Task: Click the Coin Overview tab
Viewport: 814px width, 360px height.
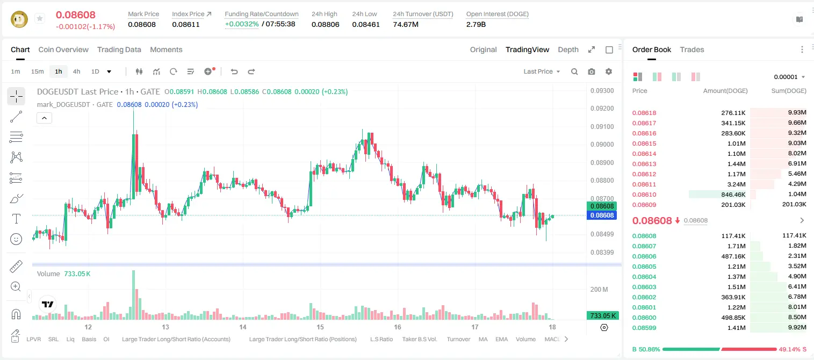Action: [x=63, y=49]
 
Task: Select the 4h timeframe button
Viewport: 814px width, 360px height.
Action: [x=76, y=71]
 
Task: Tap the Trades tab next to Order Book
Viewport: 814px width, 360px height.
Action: [x=691, y=49]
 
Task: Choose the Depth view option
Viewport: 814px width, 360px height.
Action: [x=568, y=49]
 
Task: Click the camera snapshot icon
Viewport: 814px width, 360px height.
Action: [x=592, y=71]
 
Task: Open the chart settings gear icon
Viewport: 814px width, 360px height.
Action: [x=609, y=71]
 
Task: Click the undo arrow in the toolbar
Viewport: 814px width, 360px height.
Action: [x=234, y=71]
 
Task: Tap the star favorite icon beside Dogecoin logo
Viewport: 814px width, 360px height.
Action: [x=40, y=18]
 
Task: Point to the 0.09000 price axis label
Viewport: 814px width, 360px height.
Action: [x=602, y=144]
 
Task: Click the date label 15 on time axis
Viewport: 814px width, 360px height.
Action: [x=320, y=327]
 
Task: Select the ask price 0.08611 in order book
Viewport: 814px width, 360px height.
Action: [x=644, y=184]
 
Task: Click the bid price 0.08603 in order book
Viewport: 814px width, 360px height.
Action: [x=644, y=286]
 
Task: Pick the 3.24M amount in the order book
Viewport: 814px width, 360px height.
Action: [x=736, y=184]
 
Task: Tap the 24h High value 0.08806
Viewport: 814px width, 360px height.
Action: [x=325, y=24]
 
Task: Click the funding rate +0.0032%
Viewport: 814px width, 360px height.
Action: [x=242, y=24]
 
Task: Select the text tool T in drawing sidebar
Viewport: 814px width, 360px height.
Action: [x=16, y=219]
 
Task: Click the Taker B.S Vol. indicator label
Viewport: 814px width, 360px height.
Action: [x=419, y=339]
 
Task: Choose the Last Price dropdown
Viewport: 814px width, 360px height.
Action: [x=542, y=71]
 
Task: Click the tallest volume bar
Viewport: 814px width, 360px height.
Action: [x=133, y=294]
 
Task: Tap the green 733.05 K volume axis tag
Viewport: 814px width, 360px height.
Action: [x=602, y=315]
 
